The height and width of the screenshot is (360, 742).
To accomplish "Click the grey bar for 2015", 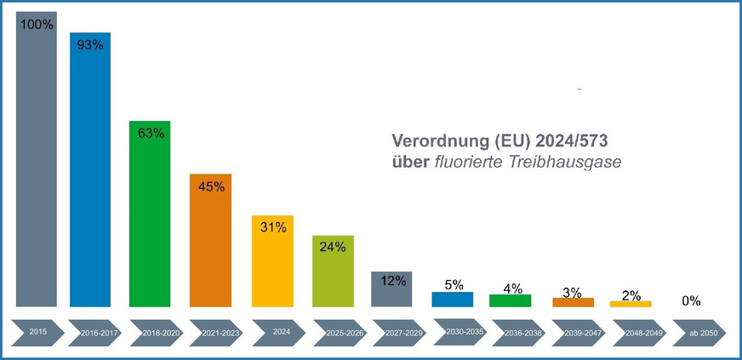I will click(x=36, y=170).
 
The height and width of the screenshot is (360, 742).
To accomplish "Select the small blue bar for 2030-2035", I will click(x=452, y=300).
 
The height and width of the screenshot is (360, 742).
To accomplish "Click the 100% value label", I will click(x=36, y=25).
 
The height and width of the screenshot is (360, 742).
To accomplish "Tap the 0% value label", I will click(x=690, y=300).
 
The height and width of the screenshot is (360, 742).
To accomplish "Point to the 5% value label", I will click(x=453, y=284).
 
